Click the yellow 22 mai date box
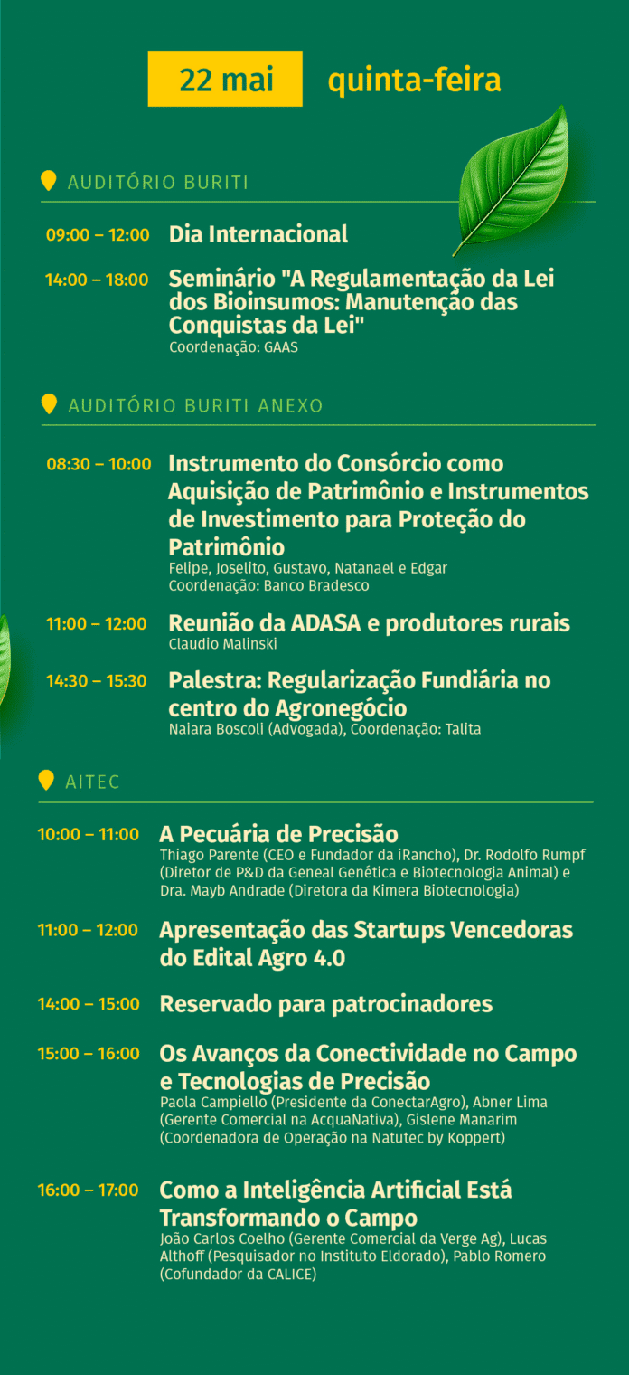tap(225, 79)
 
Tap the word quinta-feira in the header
tap(415, 81)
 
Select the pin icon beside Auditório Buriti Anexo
tap(49, 403)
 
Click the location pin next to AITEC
tap(46, 780)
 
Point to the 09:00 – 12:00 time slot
tap(98, 234)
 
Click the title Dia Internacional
tap(258, 234)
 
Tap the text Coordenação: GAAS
tap(233, 347)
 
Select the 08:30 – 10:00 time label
tap(99, 464)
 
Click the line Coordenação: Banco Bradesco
tap(269, 585)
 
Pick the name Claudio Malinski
tap(223, 644)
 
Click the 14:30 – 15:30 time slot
tap(97, 681)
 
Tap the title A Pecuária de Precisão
tap(279, 834)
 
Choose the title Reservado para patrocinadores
tap(326, 1004)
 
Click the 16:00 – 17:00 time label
tap(89, 1190)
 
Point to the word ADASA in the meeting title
tap(325, 623)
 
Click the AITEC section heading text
tap(92, 782)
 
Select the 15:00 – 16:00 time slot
tap(89, 1054)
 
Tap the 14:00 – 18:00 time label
tap(97, 280)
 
